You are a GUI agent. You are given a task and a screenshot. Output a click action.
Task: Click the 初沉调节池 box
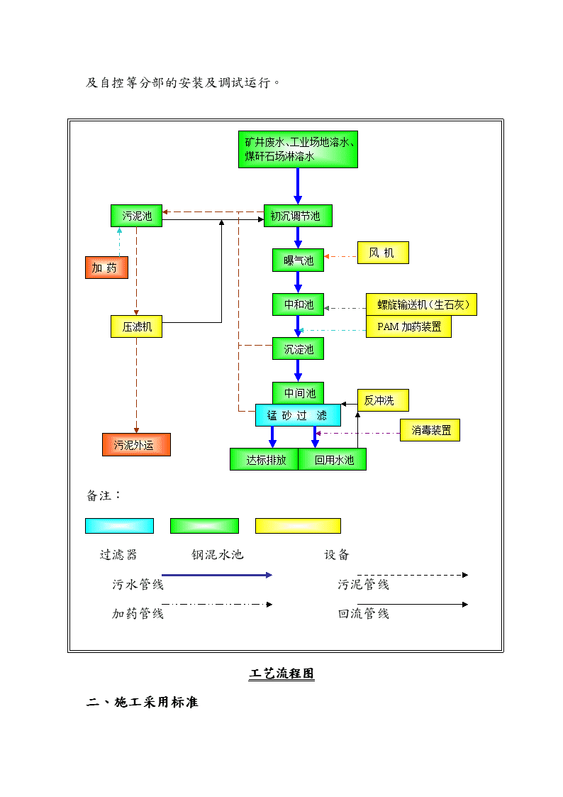pos(298,216)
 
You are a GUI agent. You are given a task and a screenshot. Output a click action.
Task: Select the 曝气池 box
pos(298,260)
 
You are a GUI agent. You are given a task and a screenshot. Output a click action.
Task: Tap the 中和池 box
pos(298,304)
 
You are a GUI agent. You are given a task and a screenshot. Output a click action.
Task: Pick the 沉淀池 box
pos(298,348)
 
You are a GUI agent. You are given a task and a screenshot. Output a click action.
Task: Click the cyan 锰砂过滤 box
pos(298,415)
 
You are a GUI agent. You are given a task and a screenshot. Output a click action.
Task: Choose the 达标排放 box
pos(264,459)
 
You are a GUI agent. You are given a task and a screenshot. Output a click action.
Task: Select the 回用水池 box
pos(333,459)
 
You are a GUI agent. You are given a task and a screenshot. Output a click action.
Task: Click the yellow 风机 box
pos(383,253)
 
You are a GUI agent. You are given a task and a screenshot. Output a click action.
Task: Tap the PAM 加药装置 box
pos(408,326)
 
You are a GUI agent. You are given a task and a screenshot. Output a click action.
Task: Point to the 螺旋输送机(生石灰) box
pos(421,304)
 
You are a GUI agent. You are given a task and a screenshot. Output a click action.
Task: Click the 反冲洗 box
pos(383,400)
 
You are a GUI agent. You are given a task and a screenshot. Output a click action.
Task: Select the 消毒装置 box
pos(430,430)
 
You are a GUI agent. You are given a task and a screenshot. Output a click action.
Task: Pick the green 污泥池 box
pos(137,216)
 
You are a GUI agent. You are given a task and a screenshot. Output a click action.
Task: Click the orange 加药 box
pos(106,268)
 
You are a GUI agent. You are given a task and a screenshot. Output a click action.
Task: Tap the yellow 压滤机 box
pos(137,326)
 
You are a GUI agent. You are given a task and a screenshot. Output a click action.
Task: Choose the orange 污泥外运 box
pos(137,445)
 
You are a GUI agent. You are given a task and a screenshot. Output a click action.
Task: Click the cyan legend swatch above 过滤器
pos(119,526)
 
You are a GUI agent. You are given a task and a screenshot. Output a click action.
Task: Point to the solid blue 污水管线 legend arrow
pos(217,575)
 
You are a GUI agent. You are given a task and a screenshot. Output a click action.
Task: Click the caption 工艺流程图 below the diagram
pos(281,674)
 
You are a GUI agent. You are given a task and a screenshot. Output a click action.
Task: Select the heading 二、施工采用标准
pos(142,702)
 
